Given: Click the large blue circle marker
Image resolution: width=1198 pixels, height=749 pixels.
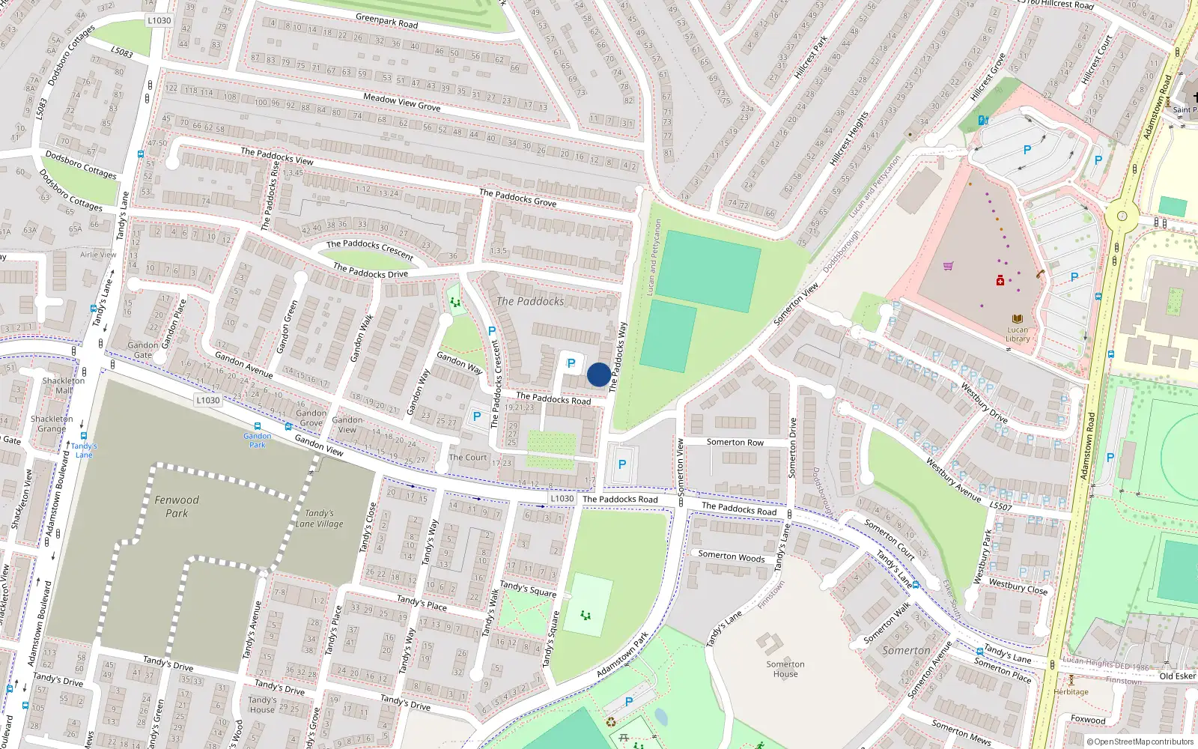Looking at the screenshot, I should [x=598, y=374].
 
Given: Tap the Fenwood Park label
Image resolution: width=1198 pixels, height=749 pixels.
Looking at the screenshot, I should [x=177, y=506].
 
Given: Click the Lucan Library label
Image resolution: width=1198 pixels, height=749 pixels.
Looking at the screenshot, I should [x=1018, y=334].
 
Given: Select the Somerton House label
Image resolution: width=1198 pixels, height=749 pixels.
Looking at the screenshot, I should [x=785, y=669].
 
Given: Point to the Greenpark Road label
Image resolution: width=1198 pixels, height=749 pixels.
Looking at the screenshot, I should [x=387, y=20].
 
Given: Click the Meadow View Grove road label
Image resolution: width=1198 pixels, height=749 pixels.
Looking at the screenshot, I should [x=401, y=102].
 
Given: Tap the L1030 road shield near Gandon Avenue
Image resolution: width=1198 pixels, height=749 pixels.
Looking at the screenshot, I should [x=208, y=400].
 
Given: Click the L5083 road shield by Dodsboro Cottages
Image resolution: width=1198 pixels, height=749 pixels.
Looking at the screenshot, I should [x=121, y=52].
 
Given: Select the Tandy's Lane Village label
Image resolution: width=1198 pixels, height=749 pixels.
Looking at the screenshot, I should [x=320, y=518].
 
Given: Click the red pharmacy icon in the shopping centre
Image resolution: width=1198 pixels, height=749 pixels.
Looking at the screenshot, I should [x=1000, y=281].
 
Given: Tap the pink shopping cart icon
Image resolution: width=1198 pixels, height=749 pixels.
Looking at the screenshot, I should [x=948, y=265].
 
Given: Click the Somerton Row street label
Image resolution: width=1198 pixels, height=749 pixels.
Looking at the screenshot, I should [x=735, y=442].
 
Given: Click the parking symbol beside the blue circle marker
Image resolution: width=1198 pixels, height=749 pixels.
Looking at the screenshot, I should [x=571, y=363].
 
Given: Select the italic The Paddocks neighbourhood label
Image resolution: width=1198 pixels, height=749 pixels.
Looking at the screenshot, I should [x=530, y=301].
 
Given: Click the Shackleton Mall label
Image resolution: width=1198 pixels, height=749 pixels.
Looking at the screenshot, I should [x=64, y=385].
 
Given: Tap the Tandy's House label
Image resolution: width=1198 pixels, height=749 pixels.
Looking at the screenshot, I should [x=262, y=705].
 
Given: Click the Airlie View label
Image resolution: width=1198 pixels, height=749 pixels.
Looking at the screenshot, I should [x=98, y=255].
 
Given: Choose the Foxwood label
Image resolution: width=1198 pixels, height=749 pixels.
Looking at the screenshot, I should [x=1088, y=720].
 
